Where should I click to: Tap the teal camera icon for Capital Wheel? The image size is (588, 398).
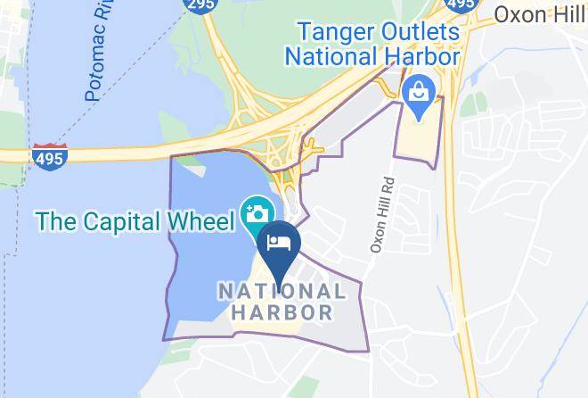coord(257,214)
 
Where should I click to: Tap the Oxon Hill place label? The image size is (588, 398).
coord(539,14)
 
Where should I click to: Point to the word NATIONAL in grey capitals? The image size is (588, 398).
coord(282,292)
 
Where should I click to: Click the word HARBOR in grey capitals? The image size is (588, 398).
coord(282,312)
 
